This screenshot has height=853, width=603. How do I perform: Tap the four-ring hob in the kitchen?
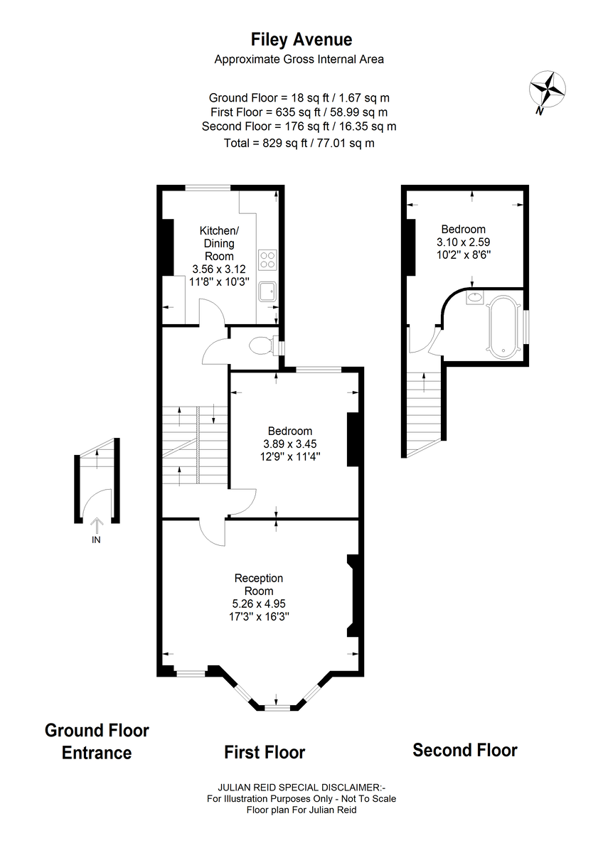pyautogui.click(x=267, y=259)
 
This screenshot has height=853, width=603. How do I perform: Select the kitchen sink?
pyautogui.click(x=267, y=291)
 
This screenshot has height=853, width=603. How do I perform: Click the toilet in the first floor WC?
pyautogui.click(x=264, y=346)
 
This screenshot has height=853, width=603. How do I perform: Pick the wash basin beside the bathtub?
pyautogui.click(x=474, y=297)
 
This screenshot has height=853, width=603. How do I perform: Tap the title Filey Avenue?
pyautogui.click(x=301, y=40)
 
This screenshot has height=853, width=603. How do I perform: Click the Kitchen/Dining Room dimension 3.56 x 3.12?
pyautogui.click(x=219, y=269)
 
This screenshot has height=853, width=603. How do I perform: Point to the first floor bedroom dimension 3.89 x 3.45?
pyautogui.click(x=290, y=444)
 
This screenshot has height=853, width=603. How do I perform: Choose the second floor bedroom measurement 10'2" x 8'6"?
pyautogui.click(x=463, y=254)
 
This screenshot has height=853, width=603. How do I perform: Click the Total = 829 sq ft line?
pyautogui.click(x=299, y=143)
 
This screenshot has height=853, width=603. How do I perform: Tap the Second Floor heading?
pyautogui.click(x=465, y=750)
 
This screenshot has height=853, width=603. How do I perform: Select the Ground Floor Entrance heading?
pyautogui.click(x=97, y=741)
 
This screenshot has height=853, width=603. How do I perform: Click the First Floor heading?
pyautogui.click(x=265, y=752)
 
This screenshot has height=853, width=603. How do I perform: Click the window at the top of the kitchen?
pyautogui.click(x=208, y=188)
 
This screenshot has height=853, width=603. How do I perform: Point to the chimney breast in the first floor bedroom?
pyautogui.click(x=353, y=439)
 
